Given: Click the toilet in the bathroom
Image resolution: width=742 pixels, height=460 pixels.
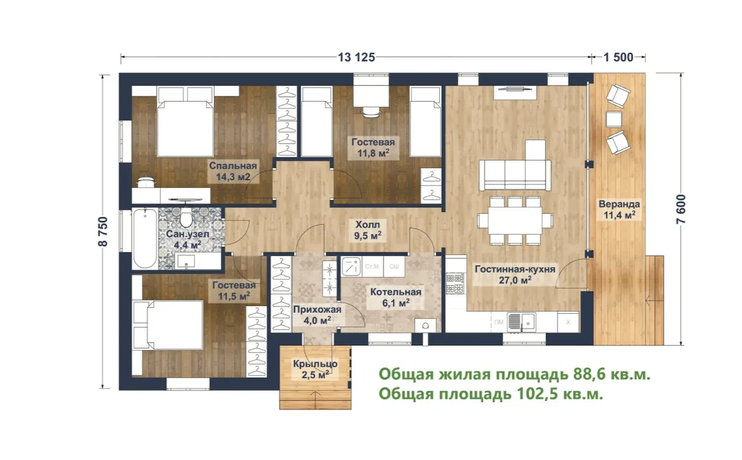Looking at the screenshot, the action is tap(186, 217).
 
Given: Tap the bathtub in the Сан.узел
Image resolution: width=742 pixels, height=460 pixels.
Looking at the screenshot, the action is tap(145, 238).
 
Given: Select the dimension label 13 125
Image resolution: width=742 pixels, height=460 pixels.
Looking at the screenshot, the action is tap(356, 57).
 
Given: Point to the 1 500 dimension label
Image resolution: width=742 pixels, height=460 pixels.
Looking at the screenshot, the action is tap(619, 57).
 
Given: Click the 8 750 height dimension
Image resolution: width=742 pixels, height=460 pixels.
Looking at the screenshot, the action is tap(103, 232).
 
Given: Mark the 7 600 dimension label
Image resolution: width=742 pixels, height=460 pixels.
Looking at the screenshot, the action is tap(681, 209).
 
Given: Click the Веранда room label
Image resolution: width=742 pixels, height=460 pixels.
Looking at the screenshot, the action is tap(619, 204).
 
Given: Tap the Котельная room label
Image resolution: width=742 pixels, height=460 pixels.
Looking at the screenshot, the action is tap(396, 292).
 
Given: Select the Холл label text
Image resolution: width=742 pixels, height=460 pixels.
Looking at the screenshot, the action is tap(368, 225).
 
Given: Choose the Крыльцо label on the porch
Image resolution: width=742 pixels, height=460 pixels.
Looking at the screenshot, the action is tap(315, 364).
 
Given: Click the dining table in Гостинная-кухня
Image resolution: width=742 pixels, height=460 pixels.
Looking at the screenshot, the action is tap(515, 220).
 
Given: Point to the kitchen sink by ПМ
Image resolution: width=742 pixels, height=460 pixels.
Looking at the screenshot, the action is tap(522, 322).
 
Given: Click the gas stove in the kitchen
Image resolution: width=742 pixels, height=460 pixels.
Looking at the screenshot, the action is tap(455, 283).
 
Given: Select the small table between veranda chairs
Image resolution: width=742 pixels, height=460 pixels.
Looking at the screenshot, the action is tap(614, 119).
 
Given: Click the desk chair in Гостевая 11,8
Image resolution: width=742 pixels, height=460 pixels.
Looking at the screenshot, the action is tap(371, 112).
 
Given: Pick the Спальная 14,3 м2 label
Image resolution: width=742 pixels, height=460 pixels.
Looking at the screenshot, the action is tap(233, 171).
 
